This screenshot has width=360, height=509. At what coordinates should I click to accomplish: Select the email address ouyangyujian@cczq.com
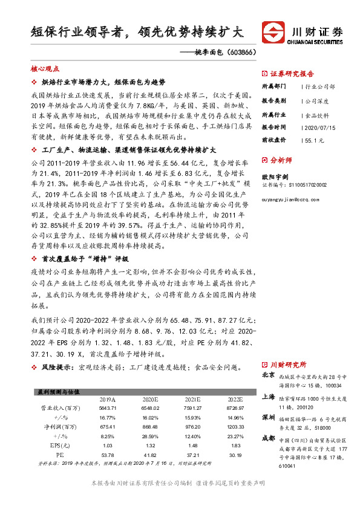click(294, 204)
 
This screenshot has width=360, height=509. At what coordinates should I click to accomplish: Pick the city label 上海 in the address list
click(269, 397)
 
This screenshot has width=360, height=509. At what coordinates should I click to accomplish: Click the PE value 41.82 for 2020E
click(150, 455)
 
